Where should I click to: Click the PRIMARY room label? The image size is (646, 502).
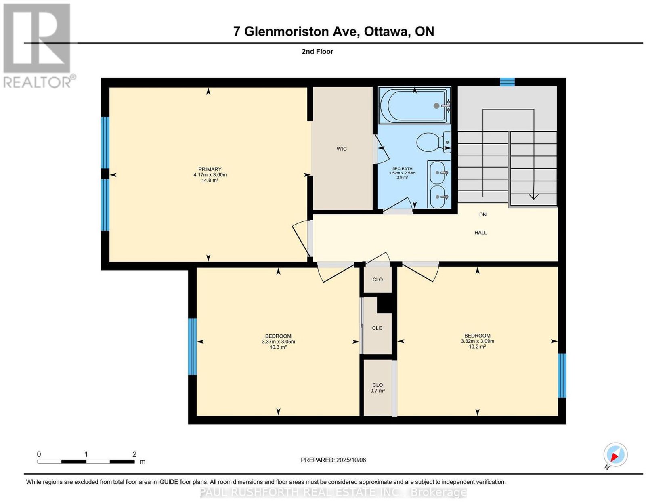[x=210, y=169]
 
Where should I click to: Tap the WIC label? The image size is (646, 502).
[x=341, y=149]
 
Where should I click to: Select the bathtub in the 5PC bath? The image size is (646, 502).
[x=414, y=106]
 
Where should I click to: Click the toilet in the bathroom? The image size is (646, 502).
[x=434, y=142]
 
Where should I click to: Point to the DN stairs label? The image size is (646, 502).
[x=482, y=214]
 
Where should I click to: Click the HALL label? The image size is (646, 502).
[x=480, y=233]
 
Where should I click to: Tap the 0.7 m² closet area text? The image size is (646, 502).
[x=378, y=391]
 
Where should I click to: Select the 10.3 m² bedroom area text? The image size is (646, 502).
[x=278, y=347]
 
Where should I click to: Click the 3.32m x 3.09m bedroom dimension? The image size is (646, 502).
[x=478, y=341]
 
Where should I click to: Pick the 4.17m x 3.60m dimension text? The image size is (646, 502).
[x=210, y=175]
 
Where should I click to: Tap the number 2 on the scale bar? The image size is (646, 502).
[x=134, y=454]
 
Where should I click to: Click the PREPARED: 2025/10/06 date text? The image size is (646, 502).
[x=333, y=460]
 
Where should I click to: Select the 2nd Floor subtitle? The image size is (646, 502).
[x=317, y=51]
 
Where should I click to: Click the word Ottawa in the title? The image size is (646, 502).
[x=386, y=32]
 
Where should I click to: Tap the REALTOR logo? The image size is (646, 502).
[x=38, y=46]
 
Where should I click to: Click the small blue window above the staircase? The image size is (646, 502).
[x=507, y=82]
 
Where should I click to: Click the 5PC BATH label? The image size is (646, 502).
[x=402, y=169]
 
